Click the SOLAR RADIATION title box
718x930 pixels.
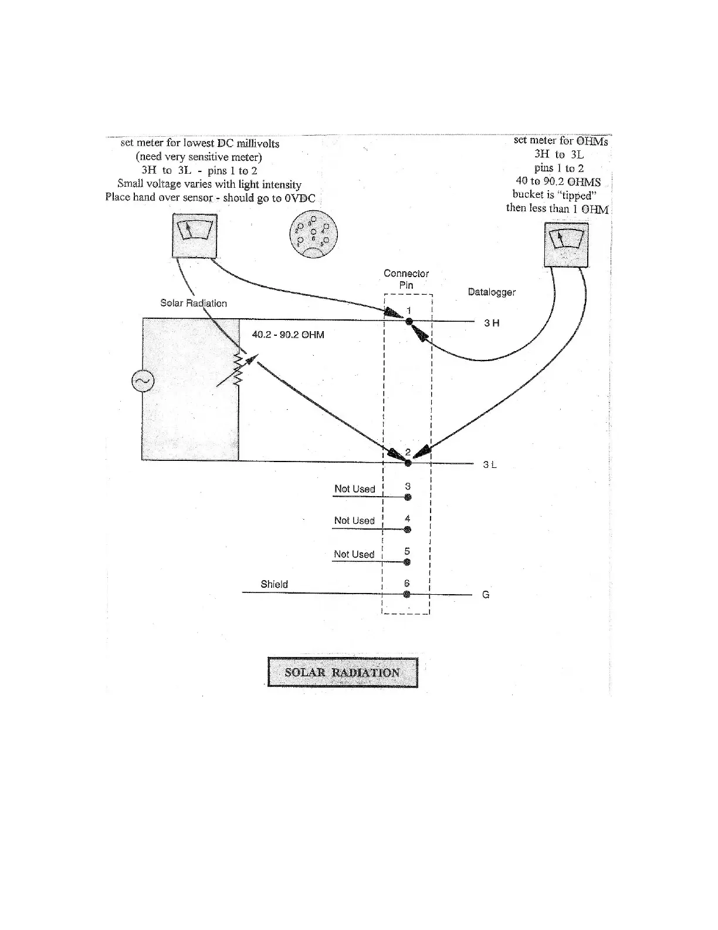point(343,672)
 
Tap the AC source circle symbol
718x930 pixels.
point(143,382)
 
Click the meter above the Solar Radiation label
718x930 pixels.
point(194,235)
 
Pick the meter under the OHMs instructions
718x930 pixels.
point(566,244)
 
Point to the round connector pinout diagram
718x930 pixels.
point(313,234)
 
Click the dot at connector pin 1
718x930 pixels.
point(409,321)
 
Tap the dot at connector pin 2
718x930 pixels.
point(408,463)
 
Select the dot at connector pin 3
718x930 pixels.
point(408,497)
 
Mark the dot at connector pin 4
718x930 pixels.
point(408,530)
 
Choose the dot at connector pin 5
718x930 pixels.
point(407,562)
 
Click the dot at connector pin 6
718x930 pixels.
point(407,594)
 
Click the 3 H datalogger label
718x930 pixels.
point(492,323)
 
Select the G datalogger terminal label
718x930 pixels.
point(486,595)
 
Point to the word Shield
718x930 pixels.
point(274,584)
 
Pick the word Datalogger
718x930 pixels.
point(492,292)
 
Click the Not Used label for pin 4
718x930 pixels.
point(354,521)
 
